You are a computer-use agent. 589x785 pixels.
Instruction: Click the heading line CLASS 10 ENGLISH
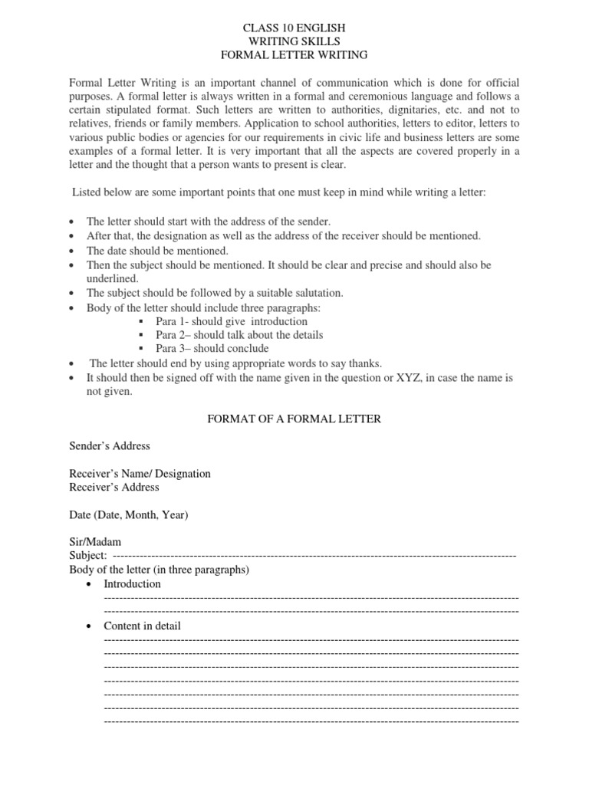[x=294, y=28]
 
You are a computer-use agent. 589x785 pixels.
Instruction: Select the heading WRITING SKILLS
[x=294, y=41]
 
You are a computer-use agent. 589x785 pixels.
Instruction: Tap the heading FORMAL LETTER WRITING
[x=294, y=55]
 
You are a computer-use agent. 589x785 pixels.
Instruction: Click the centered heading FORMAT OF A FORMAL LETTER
[x=294, y=419]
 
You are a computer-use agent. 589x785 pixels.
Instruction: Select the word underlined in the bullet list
[x=112, y=279]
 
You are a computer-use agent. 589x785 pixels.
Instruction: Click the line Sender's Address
[x=110, y=446]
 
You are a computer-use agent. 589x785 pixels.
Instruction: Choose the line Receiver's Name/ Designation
[x=140, y=474]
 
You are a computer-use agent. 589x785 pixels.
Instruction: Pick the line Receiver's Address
[x=114, y=488]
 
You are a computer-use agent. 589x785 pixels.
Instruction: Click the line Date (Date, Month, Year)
[x=128, y=515]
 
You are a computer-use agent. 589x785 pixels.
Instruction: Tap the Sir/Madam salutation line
[x=95, y=543]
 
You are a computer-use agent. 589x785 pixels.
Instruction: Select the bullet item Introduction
[x=132, y=584]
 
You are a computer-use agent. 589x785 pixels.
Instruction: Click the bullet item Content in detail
[x=142, y=626]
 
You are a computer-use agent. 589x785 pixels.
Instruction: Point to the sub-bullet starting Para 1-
[x=231, y=321]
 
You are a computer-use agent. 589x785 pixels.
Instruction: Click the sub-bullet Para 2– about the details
[x=239, y=335]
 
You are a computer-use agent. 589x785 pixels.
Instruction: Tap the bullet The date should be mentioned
[x=157, y=251]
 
